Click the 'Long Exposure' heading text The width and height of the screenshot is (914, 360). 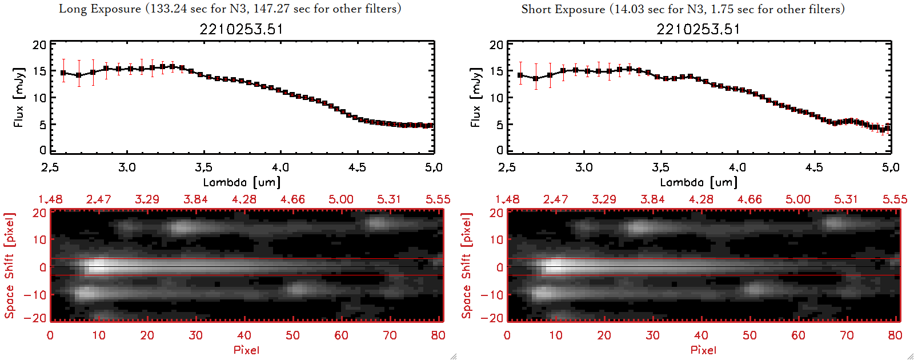100,9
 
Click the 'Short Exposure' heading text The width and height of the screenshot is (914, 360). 563,9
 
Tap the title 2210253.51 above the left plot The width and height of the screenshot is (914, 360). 241,29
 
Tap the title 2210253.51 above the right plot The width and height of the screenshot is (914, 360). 698,29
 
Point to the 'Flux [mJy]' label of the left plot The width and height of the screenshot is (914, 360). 19,97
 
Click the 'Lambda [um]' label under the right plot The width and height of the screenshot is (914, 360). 699,182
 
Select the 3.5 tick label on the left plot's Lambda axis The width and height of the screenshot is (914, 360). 203,167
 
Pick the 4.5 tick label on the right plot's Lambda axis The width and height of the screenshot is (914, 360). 814,167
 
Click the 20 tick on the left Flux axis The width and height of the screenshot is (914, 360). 39,45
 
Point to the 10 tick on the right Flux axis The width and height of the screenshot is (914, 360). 496,98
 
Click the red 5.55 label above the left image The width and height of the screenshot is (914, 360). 438,199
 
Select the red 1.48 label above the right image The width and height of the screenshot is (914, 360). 507,199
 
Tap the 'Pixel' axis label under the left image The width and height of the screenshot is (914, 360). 246,350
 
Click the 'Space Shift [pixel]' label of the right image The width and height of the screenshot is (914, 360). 467,266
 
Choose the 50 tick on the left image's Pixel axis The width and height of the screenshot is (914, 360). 292,335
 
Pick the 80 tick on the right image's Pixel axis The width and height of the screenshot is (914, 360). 895,335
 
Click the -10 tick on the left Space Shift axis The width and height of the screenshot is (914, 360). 35,295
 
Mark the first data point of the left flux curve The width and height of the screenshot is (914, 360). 63,73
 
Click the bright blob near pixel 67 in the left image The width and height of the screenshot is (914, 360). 377,222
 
